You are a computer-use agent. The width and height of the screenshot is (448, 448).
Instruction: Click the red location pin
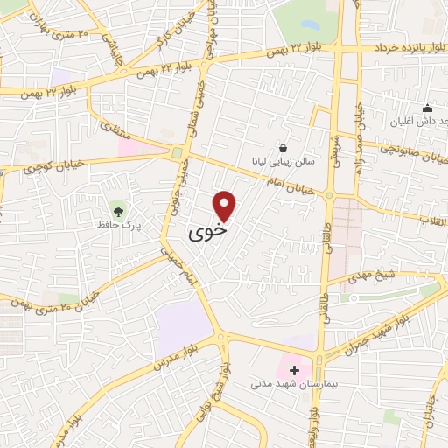[226, 205]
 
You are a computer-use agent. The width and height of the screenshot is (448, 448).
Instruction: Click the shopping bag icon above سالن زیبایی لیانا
[282, 148]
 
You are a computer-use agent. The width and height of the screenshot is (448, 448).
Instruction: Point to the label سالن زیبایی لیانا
[281, 163]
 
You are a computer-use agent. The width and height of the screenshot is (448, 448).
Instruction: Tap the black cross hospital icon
[293, 370]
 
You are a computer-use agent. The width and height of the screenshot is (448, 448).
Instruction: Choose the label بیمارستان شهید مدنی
[288, 383]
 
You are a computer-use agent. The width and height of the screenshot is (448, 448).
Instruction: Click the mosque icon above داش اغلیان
[427, 108]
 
